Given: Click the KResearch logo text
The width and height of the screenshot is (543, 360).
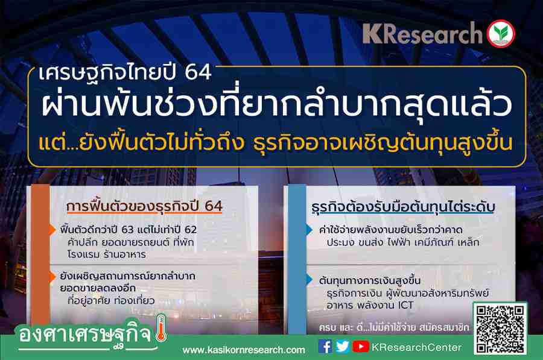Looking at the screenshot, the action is point(422,34).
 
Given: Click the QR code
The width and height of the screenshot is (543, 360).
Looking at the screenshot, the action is point(500,329).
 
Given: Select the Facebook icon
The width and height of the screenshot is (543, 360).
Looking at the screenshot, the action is point(325,347).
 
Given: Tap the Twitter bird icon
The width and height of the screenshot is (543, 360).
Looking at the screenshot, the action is point(343,347).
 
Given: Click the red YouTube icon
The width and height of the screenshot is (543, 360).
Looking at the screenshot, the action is point(361,347).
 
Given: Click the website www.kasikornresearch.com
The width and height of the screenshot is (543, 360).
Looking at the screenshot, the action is point(244,350).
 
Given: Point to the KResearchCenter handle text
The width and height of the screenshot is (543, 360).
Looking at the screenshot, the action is point(416,347).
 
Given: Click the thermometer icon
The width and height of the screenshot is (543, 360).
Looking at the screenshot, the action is point(161,328).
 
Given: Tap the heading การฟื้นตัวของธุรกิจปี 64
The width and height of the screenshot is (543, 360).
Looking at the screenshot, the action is point(144,206).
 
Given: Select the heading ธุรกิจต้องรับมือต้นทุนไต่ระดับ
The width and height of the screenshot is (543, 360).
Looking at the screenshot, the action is point(403,207).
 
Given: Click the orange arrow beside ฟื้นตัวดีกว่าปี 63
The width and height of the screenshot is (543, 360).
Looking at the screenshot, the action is point(52,230).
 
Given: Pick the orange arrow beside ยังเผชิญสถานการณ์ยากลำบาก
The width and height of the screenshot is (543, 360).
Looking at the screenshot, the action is point(52,276).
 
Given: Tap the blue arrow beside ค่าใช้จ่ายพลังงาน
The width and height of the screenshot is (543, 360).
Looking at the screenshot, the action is point(310,230).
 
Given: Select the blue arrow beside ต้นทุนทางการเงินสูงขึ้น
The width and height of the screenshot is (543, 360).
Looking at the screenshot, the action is point(310,280).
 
